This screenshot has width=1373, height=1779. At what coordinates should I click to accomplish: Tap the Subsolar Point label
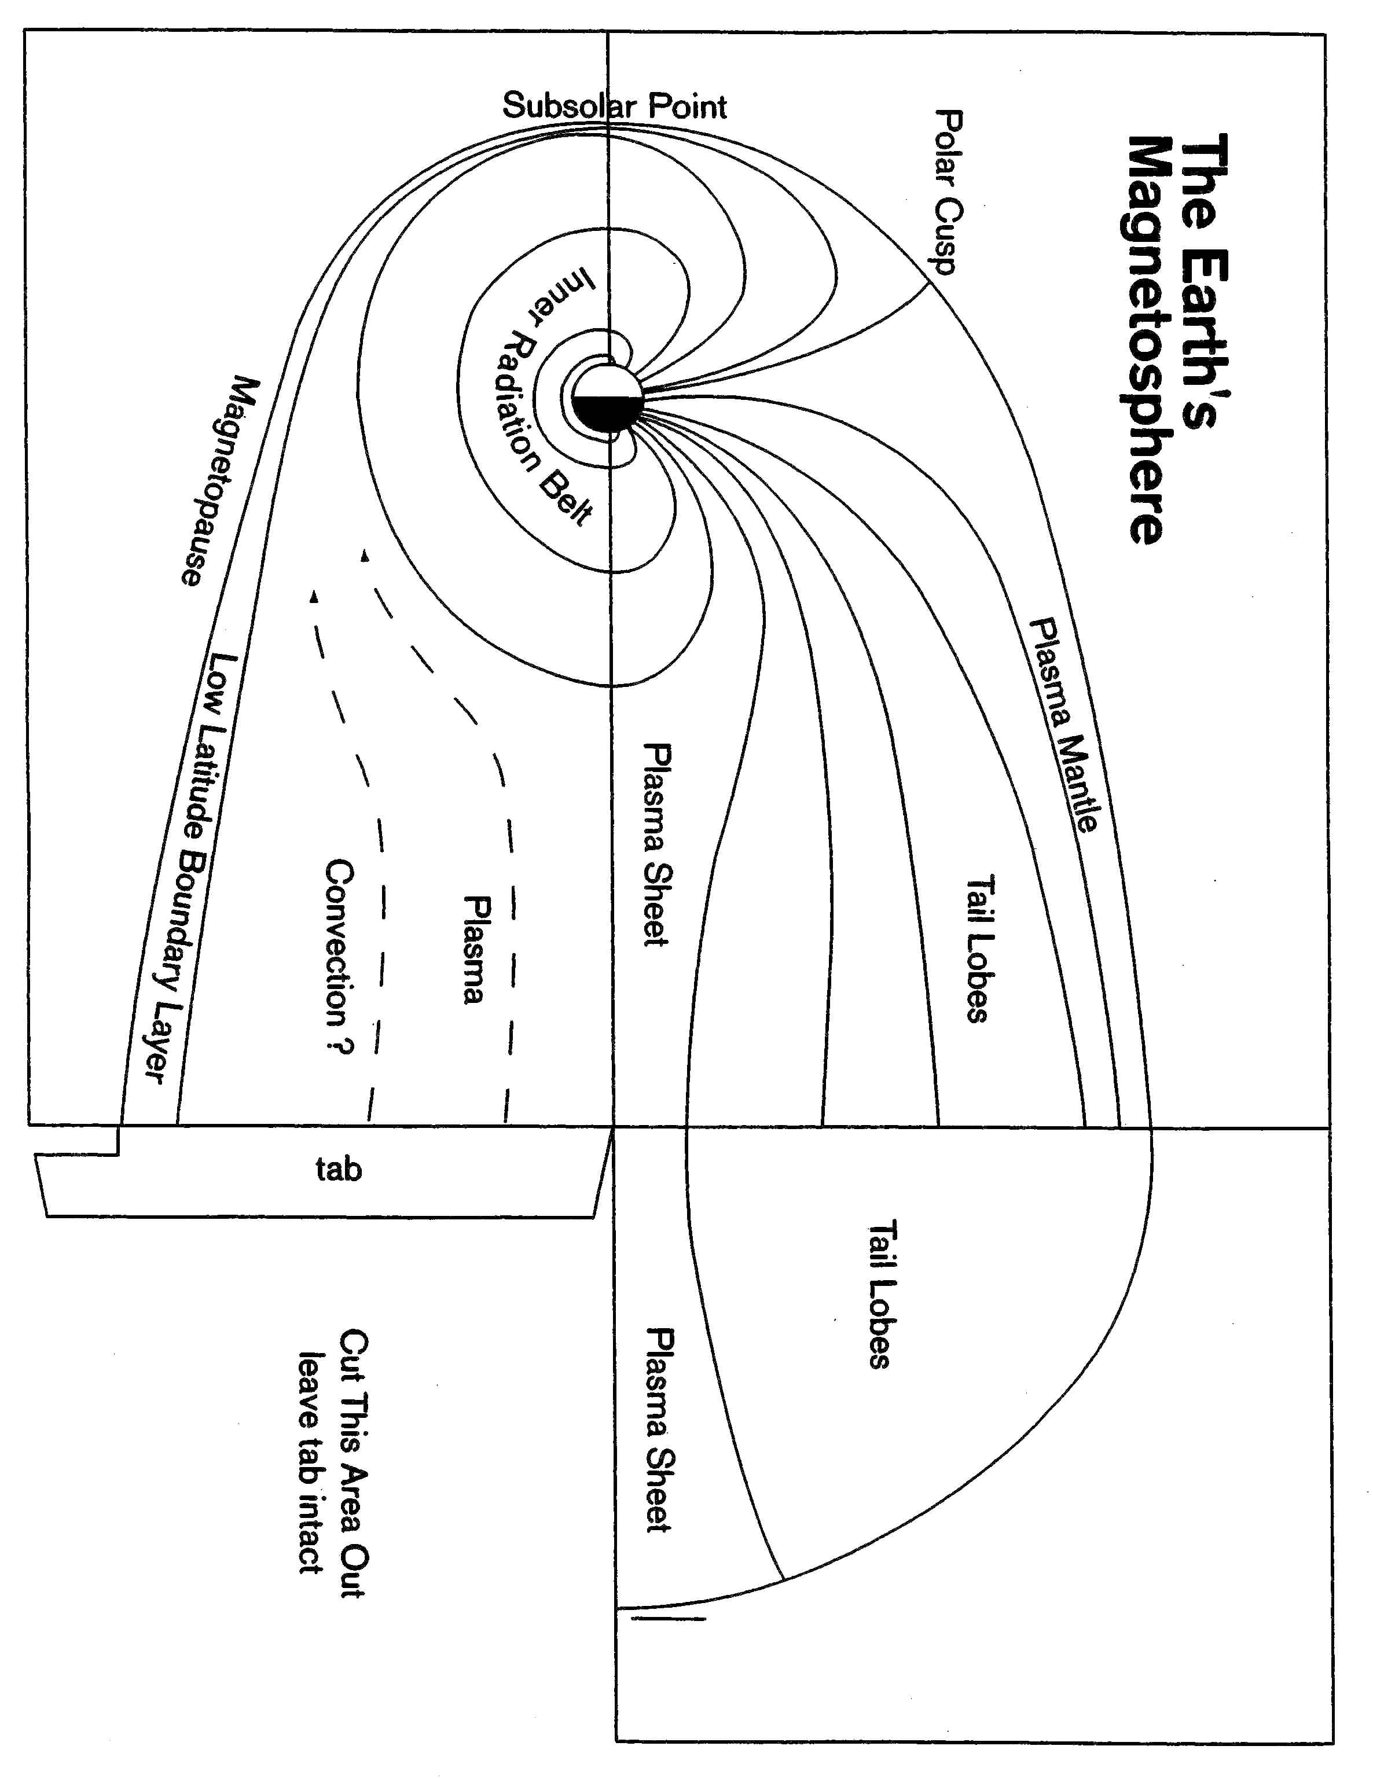coord(614,106)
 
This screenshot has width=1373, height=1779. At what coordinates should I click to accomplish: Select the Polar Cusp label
coord(949,192)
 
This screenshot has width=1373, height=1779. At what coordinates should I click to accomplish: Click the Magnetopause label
coord(218,480)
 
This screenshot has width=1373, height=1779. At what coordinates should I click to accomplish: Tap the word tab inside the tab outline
coord(338,1170)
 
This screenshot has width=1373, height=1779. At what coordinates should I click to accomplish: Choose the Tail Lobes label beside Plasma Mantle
coord(979,950)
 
